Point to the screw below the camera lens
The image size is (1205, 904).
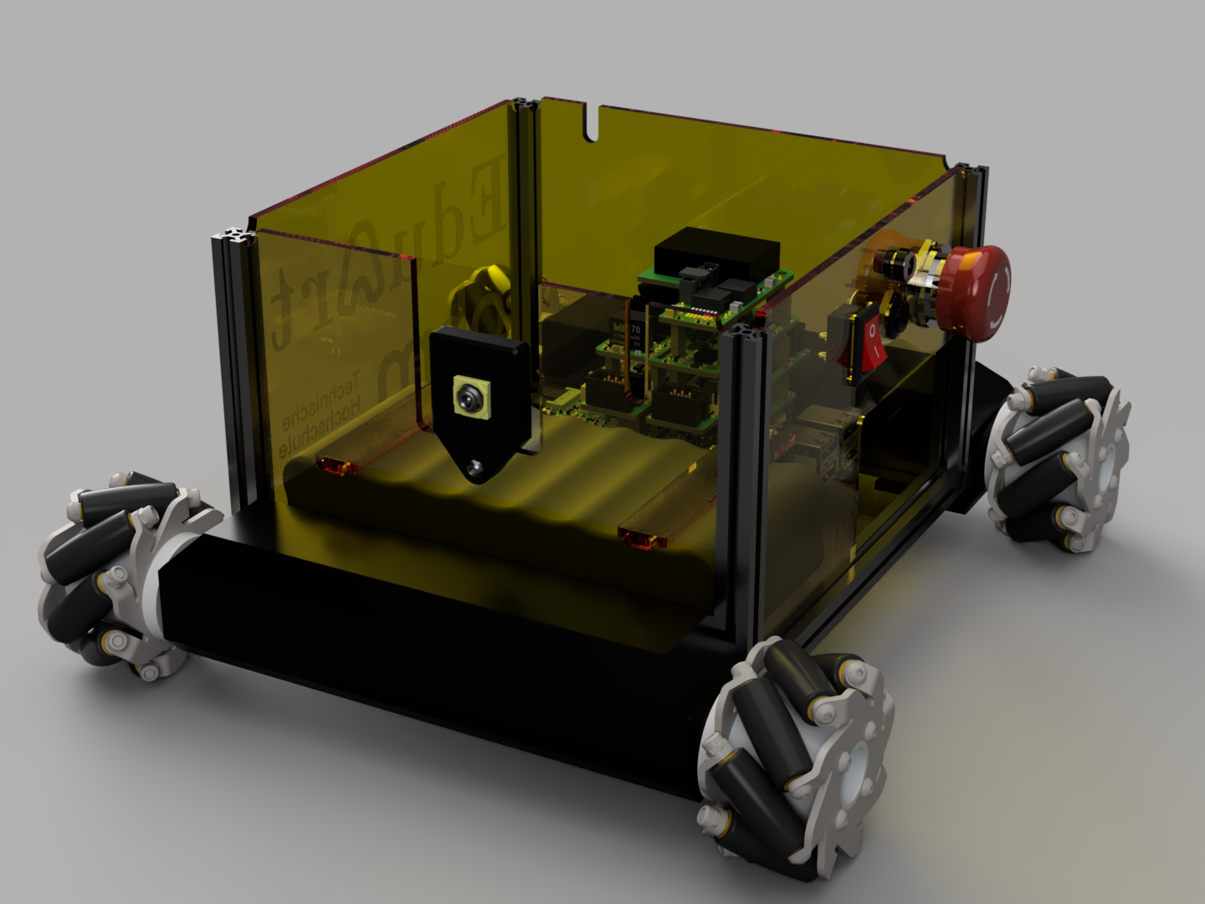(x=476, y=465)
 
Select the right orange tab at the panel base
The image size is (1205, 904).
(x=641, y=537)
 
